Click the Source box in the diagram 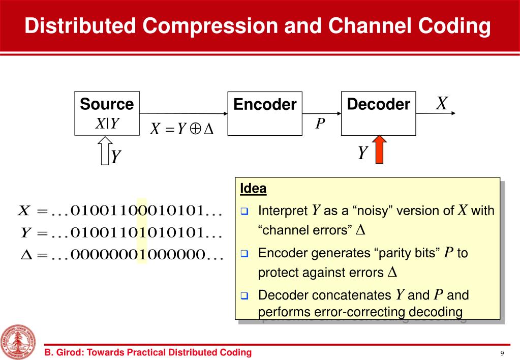click(107, 113)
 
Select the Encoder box click(264, 113)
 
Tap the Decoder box click(378, 113)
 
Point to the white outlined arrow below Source click(106, 152)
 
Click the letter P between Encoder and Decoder click(320, 124)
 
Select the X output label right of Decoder click(442, 104)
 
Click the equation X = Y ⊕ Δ click(181, 130)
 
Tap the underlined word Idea click(253, 189)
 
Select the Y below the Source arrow click(116, 157)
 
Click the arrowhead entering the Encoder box click(223, 113)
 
